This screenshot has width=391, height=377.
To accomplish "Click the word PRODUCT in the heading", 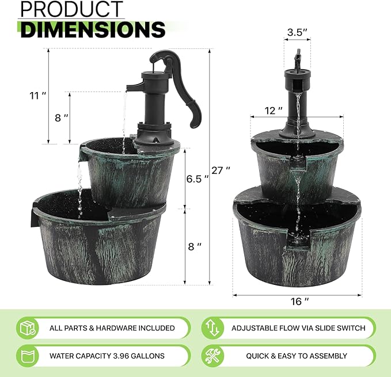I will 72,10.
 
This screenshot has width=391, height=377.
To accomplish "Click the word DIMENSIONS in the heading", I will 93,29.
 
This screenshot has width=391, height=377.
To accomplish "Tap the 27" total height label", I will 221,170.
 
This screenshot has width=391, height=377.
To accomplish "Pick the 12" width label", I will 273,109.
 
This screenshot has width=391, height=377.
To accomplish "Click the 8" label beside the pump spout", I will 62,117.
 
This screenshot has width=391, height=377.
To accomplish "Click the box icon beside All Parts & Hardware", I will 28,328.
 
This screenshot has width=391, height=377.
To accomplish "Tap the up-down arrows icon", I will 212,328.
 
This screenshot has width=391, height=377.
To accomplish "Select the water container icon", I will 28,356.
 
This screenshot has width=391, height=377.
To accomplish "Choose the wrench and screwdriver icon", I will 212,356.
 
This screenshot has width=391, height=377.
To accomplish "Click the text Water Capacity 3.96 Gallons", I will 107,356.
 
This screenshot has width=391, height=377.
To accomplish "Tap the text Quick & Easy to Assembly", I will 297,356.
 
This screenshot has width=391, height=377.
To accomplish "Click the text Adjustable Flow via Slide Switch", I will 298,328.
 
